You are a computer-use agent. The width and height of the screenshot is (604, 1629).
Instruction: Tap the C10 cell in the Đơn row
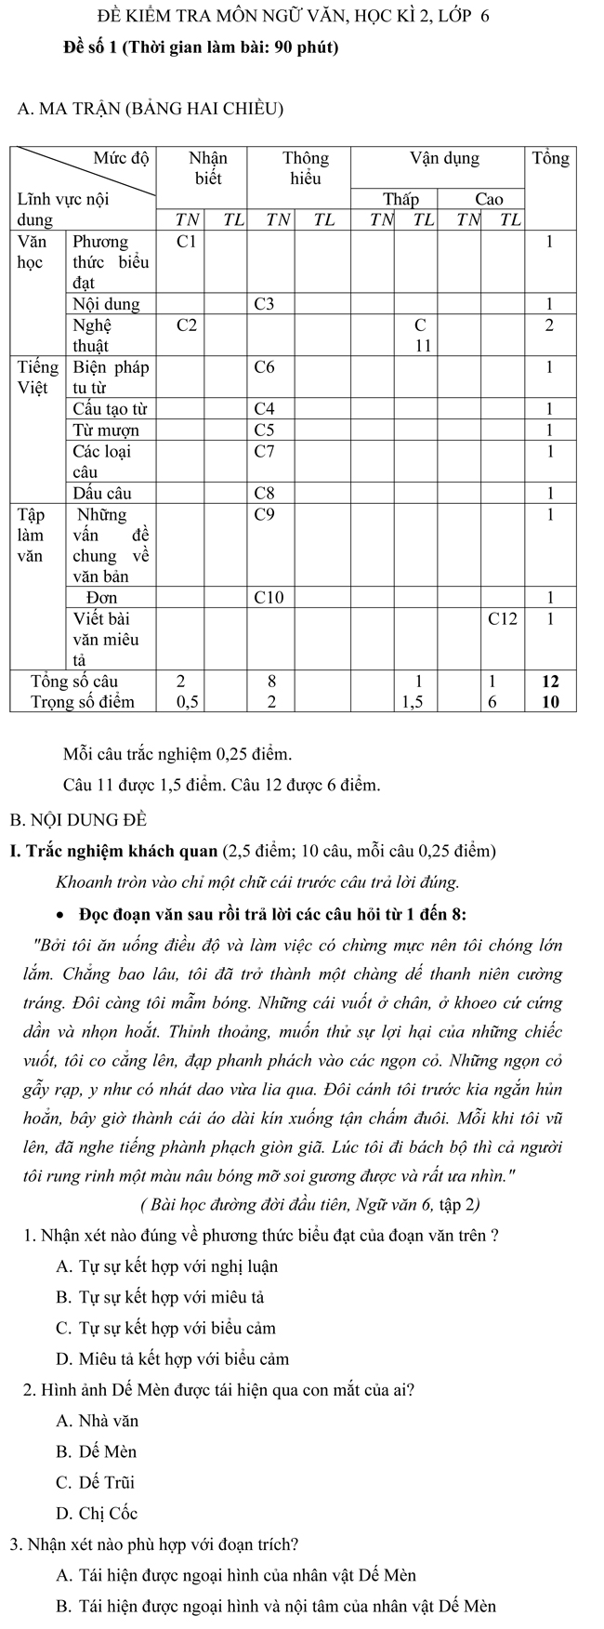(x=269, y=597)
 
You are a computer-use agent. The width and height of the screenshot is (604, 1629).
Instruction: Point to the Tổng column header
(x=550, y=158)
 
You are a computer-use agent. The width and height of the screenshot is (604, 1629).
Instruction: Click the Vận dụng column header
(x=444, y=158)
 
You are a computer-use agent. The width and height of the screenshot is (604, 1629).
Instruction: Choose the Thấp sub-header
(x=400, y=199)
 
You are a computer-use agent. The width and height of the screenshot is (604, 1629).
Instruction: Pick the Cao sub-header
(x=489, y=199)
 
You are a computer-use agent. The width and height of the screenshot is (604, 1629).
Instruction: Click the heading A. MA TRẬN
(x=150, y=111)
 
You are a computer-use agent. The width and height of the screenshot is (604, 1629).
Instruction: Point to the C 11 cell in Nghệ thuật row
(x=421, y=335)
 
